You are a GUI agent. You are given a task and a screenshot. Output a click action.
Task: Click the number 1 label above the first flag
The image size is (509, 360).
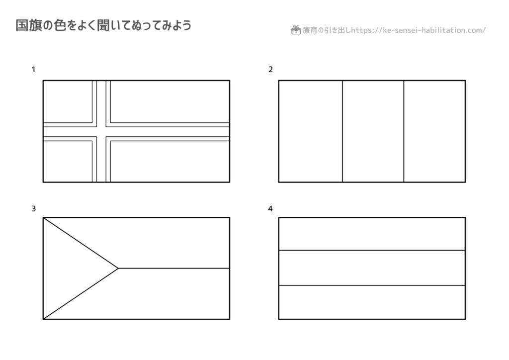pos(33,70)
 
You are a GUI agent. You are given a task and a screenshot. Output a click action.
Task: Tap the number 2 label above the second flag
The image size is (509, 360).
pos(270,70)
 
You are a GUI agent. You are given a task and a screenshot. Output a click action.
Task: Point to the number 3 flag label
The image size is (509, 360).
pos(33,209)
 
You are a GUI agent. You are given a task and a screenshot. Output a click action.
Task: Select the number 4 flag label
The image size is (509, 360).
pos(270,209)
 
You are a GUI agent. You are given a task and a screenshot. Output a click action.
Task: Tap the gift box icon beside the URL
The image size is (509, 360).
pos(296,30)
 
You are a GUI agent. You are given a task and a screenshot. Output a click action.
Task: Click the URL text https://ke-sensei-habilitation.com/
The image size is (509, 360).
pos(419,30)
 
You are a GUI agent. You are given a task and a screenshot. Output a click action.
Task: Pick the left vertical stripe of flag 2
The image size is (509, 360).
pos(310,131)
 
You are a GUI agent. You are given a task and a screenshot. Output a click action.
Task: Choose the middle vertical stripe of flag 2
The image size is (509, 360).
pos(373,131)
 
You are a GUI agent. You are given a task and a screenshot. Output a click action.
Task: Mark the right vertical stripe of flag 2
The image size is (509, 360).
pos(434,131)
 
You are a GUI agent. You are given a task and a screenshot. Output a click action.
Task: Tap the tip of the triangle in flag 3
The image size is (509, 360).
pos(118,268)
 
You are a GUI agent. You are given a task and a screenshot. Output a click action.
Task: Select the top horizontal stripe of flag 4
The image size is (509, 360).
pos(372,234)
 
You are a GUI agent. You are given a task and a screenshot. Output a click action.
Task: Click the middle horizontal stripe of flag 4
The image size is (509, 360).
pos(372,268)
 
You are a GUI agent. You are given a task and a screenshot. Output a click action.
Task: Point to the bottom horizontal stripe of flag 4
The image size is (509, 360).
pos(372,302)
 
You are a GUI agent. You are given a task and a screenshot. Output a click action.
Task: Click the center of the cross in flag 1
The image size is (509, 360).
pos(101,131)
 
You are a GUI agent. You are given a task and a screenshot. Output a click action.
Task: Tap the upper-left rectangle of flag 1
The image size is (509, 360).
pos(68,101)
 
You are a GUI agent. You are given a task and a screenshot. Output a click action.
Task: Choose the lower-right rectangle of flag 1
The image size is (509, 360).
pos(170,161)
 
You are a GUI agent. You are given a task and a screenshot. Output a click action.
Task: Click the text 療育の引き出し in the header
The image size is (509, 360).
pos(326,30)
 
